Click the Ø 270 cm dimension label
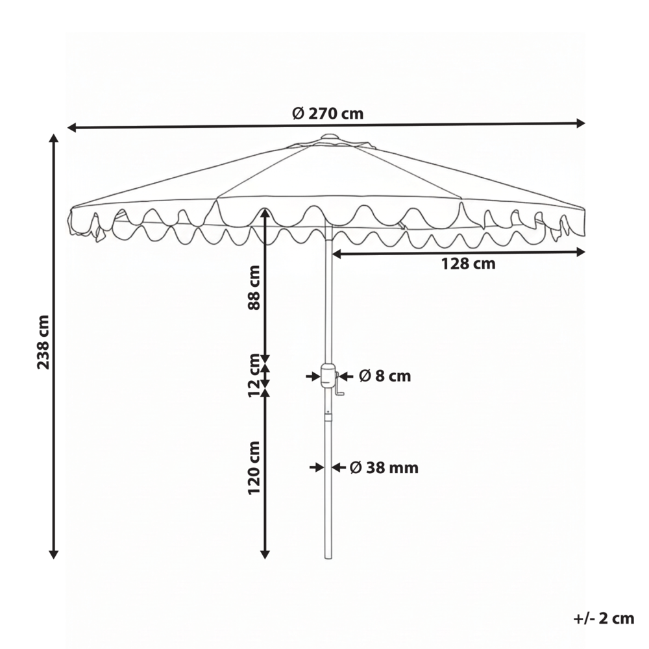(x=327, y=114)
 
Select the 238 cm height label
(x=43, y=342)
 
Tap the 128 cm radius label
(x=468, y=264)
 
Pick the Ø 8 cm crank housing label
(x=384, y=376)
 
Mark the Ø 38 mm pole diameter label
(x=384, y=468)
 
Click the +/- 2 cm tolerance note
(x=603, y=618)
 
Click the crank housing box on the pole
(x=328, y=375)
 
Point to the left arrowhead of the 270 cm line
(x=72, y=127)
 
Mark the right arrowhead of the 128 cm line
(x=581, y=253)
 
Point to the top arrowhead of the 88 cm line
(x=265, y=212)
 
